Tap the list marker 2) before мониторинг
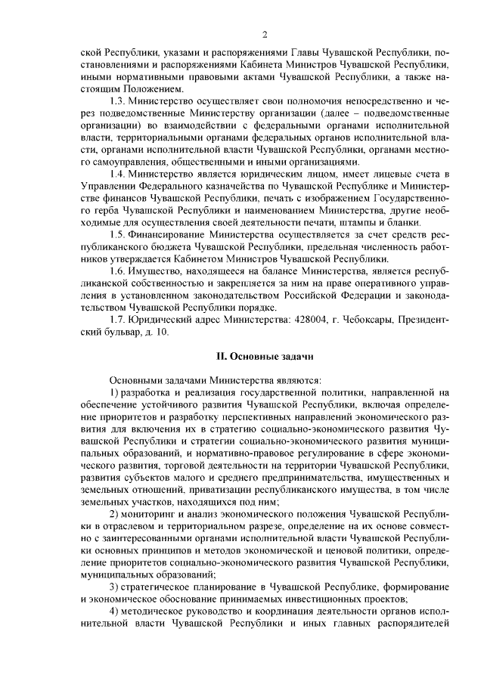(x=115, y=512)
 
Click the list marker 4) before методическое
(x=115, y=611)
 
